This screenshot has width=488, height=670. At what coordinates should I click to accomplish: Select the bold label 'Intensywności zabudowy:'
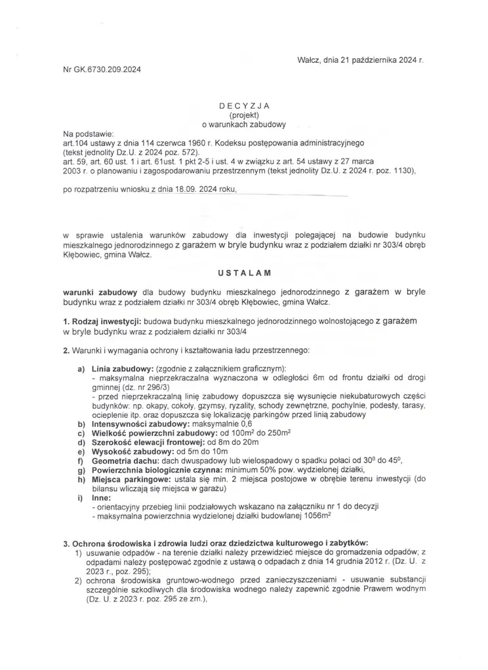[x=138, y=424]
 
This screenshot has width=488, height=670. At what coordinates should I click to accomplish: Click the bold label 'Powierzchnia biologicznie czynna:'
[x=156, y=470]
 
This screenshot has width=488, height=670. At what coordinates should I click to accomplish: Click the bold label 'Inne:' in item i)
[x=102, y=498]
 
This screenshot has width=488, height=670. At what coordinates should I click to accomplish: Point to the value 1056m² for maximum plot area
[x=316, y=516]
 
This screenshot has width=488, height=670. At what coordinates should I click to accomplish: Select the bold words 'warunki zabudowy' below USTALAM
[x=99, y=292]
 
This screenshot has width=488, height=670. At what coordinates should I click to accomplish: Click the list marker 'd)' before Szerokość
[x=81, y=443]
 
